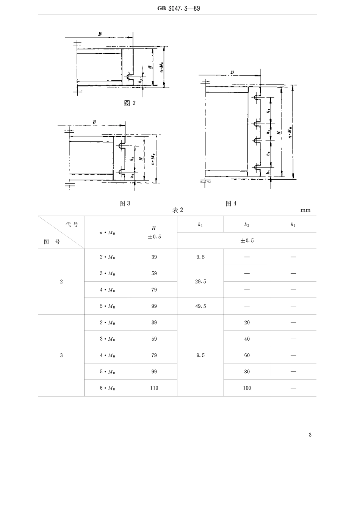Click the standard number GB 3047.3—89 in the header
point(178,8)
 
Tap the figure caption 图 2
point(130,103)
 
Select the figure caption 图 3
point(125,204)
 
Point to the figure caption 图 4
point(231,204)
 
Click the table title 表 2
point(178,210)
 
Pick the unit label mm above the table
point(305,210)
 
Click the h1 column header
point(200,225)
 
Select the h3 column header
point(293,225)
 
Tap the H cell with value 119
point(154,388)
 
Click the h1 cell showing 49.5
point(200,306)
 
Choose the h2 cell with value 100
point(247,388)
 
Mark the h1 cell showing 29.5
point(200,282)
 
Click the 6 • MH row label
point(108,388)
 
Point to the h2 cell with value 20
point(247,323)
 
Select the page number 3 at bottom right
point(310,435)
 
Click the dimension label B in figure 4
point(232,72)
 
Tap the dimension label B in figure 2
point(100,34)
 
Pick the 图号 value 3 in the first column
point(61,356)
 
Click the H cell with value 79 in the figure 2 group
point(154,290)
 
